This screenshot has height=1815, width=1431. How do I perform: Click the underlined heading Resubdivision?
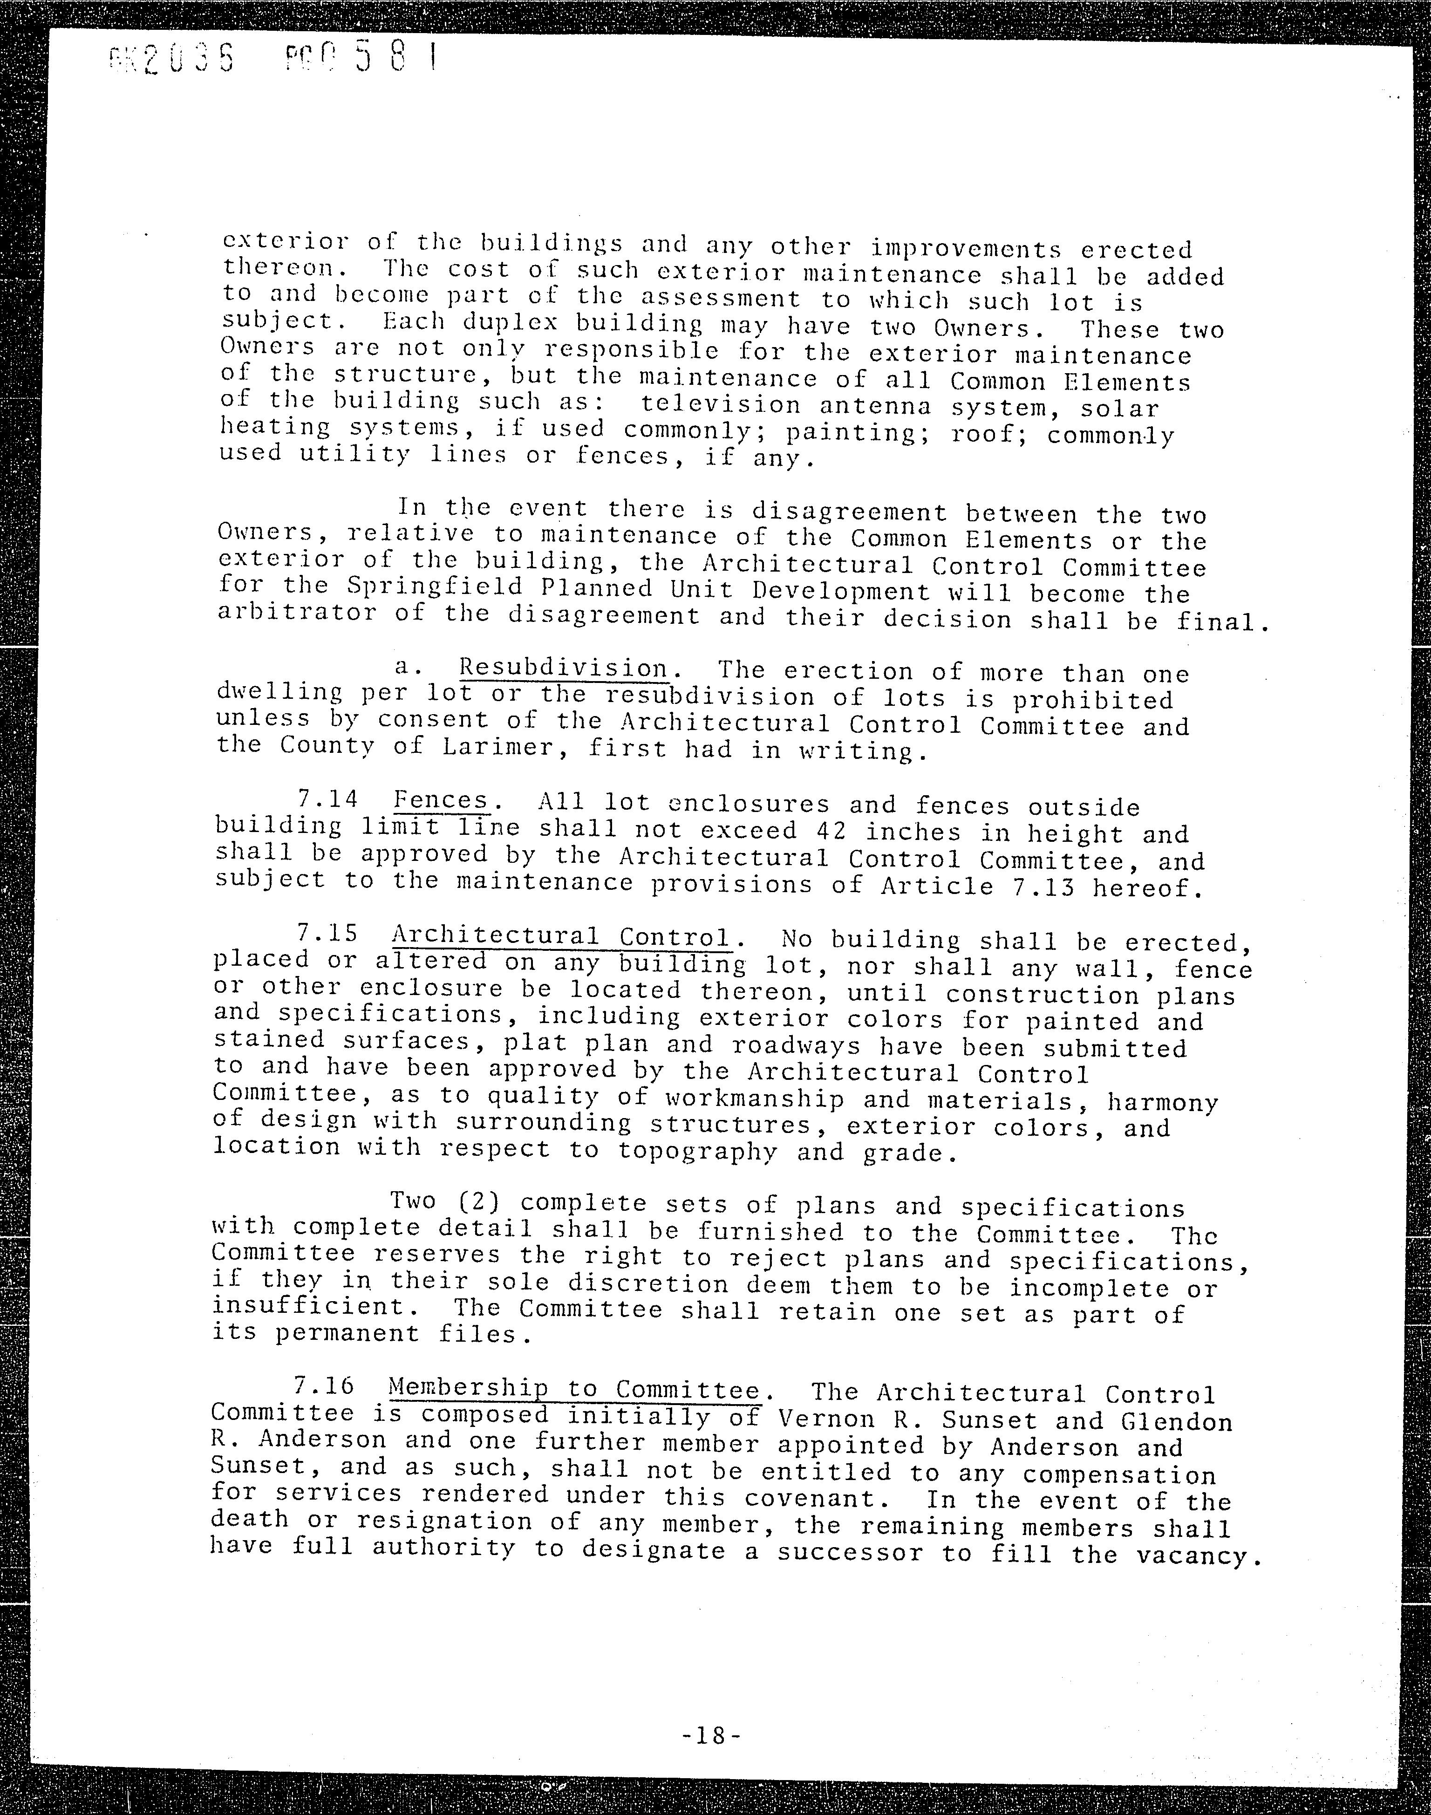575,669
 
